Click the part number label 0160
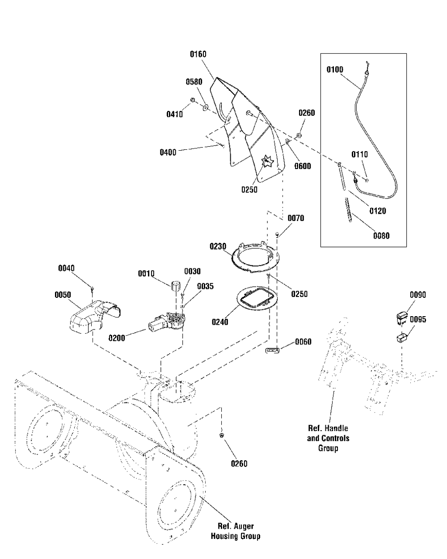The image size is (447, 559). (198, 55)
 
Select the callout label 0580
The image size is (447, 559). (194, 82)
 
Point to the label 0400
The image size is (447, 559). (168, 152)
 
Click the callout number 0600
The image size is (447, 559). (303, 166)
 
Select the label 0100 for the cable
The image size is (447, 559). (335, 70)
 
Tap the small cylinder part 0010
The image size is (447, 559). (176, 285)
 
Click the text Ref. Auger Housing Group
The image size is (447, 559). (236, 531)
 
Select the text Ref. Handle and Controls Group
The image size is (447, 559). (328, 438)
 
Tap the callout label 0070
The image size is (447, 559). (296, 218)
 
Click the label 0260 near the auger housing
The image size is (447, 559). (239, 464)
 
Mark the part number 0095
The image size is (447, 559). (418, 320)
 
